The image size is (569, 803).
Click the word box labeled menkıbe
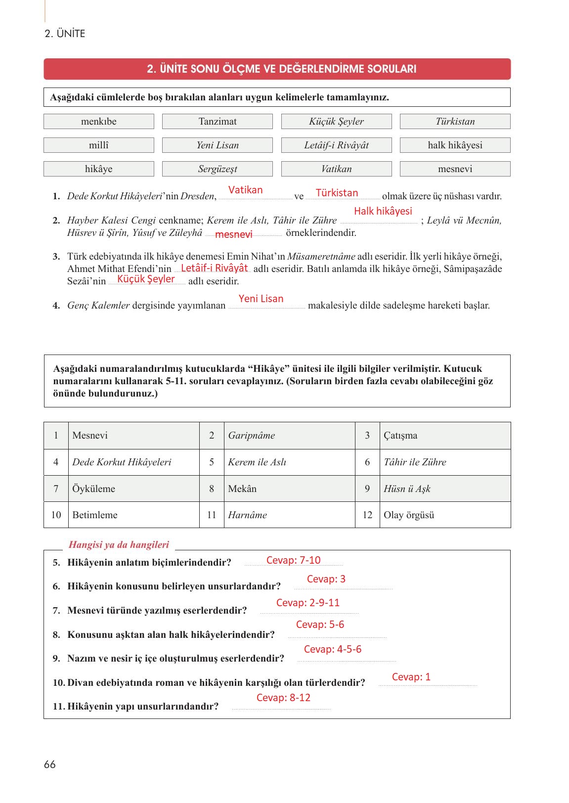click(99, 122)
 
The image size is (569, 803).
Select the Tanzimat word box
click(218, 122)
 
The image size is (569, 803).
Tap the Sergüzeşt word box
click(218, 169)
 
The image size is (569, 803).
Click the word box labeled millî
click(99, 145)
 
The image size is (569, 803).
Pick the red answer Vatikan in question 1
click(245, 190)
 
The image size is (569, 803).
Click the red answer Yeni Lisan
click(261, 299)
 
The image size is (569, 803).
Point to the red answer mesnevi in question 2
click(233, 234)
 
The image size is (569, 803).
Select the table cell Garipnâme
click(251, 436)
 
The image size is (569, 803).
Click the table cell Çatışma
click(400, 436)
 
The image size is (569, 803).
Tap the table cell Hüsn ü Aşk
click(407, 489)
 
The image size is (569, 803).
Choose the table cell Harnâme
click(247, 515)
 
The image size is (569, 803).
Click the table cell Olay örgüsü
click(409, 515)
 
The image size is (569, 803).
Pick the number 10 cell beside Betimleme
click(56, 515)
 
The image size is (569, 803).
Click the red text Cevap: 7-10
click(293, 560)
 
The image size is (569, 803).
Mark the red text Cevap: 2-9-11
click(308, 603)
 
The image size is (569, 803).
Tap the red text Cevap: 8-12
click(283, 698)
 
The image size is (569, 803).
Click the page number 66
click(50, 764)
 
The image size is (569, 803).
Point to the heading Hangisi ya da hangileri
click(119, 545)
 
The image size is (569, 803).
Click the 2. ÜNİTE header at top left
click(65, 34)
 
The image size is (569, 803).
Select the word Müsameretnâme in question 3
click(321, 257)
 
